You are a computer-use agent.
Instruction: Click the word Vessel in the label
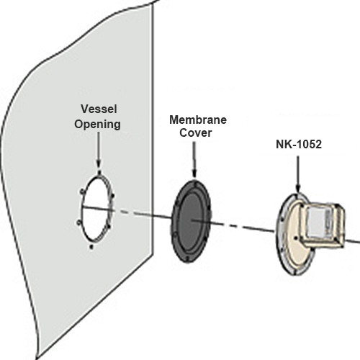tap(99, 109)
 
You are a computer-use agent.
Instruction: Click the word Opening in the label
tap(97, 125)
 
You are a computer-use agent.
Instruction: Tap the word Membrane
tap(198, 120)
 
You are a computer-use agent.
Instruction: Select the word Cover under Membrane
tap(196, 132)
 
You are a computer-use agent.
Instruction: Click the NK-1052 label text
tap(299, 144)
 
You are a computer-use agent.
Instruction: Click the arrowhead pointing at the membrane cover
tap(194, 174)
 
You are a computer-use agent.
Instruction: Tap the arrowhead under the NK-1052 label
tap(298, 188)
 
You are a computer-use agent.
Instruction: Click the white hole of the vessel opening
tap(95, 210)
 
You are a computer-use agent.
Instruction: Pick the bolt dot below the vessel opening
tap(91, 247)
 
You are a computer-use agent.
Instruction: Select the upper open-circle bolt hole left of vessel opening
tap(82, 192)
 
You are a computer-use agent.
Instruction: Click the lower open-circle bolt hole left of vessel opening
tap(79, 223)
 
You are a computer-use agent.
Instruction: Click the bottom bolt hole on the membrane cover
tap(187, 259)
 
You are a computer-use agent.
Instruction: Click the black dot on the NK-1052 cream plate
tap(297, 238)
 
